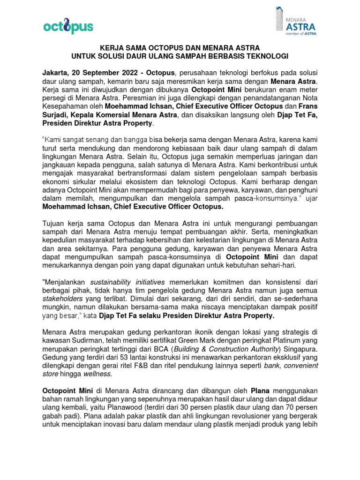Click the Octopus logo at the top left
pyautogui.click(x=68, y=27)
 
